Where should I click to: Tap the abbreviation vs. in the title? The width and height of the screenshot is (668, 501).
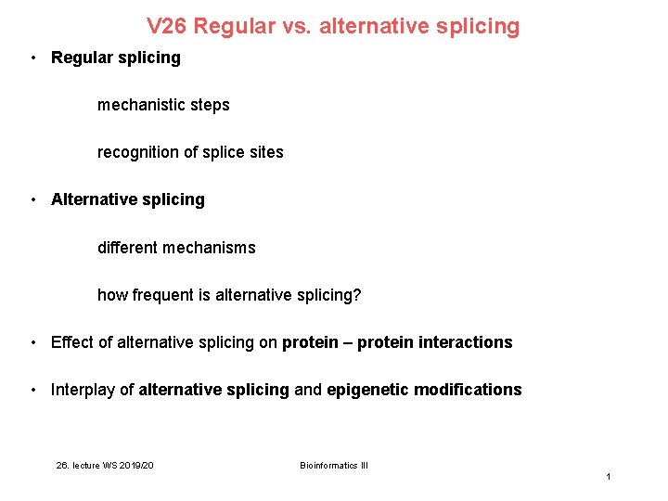click(296, 27)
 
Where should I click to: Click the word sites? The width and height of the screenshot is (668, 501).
click(265, 152)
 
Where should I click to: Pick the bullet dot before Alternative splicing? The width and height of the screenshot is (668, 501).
click(32, 199)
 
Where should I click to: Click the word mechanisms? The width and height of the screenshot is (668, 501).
click(210, 248)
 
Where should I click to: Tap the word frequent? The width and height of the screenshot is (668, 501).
click(163, 295)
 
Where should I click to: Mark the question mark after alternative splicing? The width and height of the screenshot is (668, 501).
click(357, 295)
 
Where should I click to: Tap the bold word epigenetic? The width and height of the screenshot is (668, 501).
click(367, 390)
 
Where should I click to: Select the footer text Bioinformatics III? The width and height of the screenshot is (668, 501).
click(334, 465)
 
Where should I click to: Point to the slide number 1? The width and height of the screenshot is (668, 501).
click(608, 476)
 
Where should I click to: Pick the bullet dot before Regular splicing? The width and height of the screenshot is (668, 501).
click(32, 58)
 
